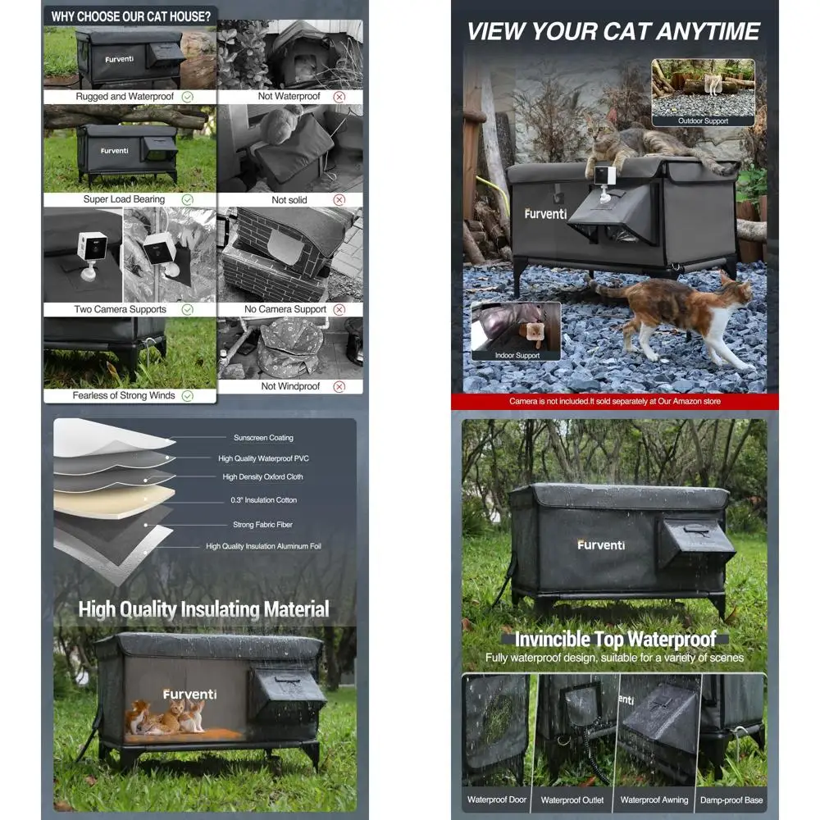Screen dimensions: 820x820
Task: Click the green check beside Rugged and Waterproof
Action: (187, 97)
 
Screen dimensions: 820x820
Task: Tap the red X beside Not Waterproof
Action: (339, 97)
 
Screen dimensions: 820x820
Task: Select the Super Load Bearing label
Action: (124, 199)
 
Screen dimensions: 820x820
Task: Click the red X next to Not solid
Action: (339, 199)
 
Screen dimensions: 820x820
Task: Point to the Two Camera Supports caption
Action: (120, 309)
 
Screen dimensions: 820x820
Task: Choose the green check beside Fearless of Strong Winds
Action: (187, 395)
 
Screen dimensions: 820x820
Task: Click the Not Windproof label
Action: (290, 386)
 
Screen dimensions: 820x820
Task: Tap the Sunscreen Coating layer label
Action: (263, 438)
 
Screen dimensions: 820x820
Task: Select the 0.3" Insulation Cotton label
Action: (264, 500)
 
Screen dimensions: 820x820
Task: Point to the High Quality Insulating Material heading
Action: (203, 609)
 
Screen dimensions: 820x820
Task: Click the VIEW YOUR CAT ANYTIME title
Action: (613, 32)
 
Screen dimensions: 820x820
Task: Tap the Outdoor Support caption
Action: (703, 121)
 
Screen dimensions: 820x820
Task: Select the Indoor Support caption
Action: (517, 355)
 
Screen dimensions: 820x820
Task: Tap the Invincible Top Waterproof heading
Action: (615, 640)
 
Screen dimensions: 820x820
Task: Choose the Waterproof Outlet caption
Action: (572, 799)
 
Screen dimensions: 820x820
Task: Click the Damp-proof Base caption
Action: (731, 799)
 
